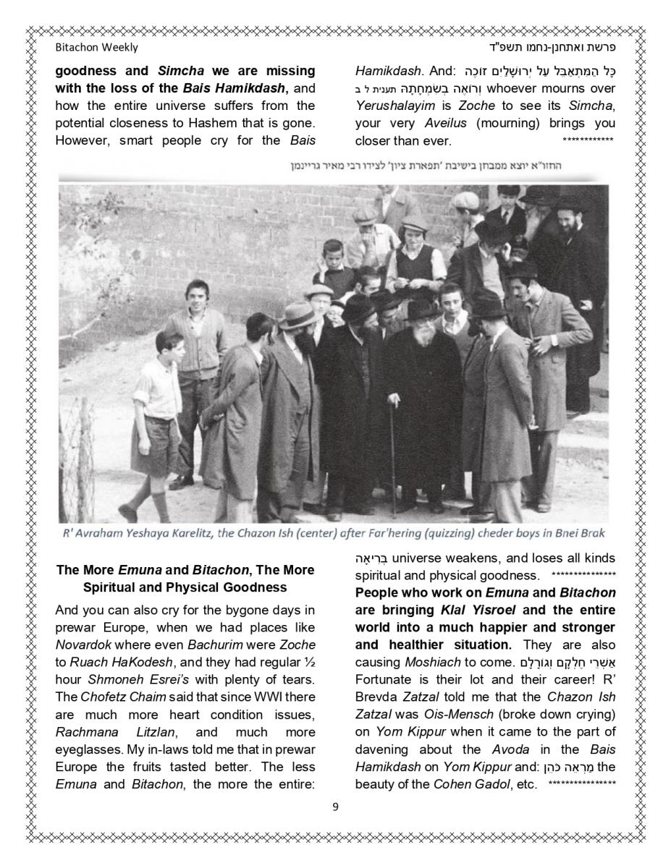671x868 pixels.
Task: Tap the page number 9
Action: pos(335,807)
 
